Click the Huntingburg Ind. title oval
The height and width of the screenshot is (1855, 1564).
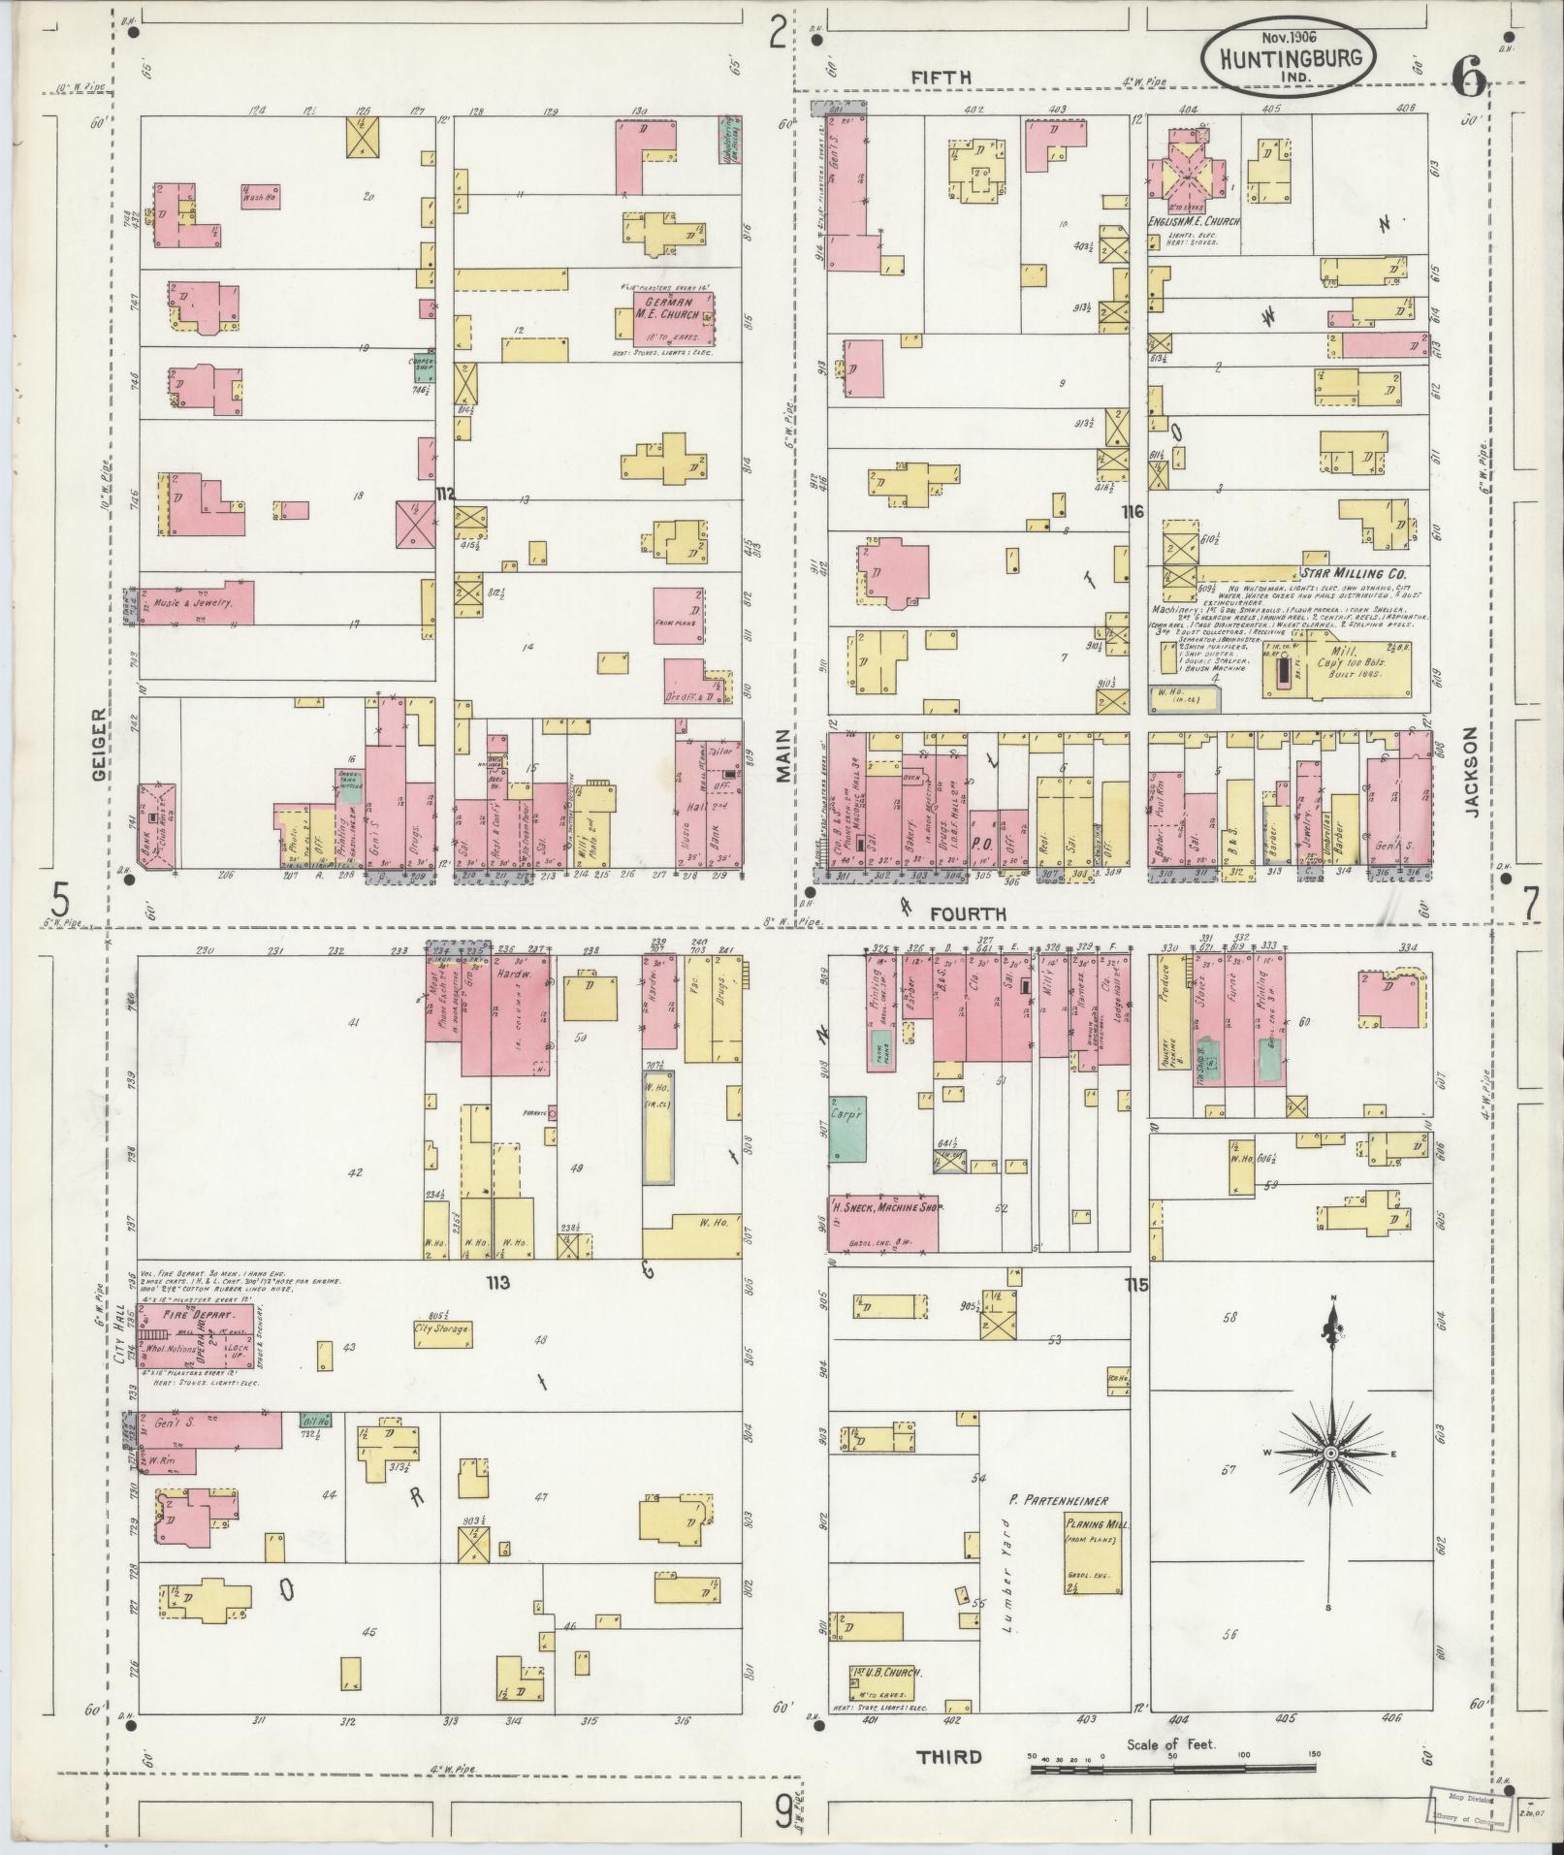point(1287,57)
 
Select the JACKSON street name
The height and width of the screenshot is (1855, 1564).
point(1473,787)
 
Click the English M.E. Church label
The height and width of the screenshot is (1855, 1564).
point(1194,222)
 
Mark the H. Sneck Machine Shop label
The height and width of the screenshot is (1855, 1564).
point(884,1208)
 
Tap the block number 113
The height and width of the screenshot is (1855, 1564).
point(498,1283)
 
